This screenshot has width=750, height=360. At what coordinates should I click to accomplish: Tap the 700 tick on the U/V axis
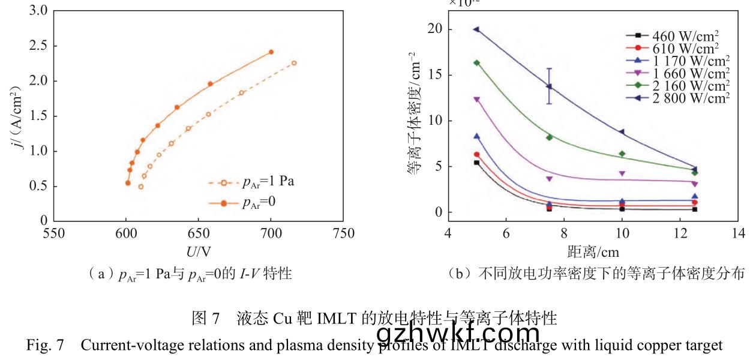tap(271, 233)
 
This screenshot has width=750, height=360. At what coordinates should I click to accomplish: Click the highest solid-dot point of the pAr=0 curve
tap(271, 52)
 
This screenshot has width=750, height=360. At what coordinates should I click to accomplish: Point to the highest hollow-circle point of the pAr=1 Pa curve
tap(294, 63)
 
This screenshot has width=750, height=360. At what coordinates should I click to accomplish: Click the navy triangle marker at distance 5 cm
tap(476, 29)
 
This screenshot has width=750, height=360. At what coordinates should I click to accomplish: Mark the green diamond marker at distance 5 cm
tap(476, 62)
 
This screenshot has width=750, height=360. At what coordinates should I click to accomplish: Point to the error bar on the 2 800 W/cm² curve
tap(549, 86)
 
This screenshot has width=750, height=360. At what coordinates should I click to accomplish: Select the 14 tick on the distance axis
tap(739, 233)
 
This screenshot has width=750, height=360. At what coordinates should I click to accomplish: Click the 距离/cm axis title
tap(593, 251)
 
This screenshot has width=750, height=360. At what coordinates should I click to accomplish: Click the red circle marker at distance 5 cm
tap(476, 154)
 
